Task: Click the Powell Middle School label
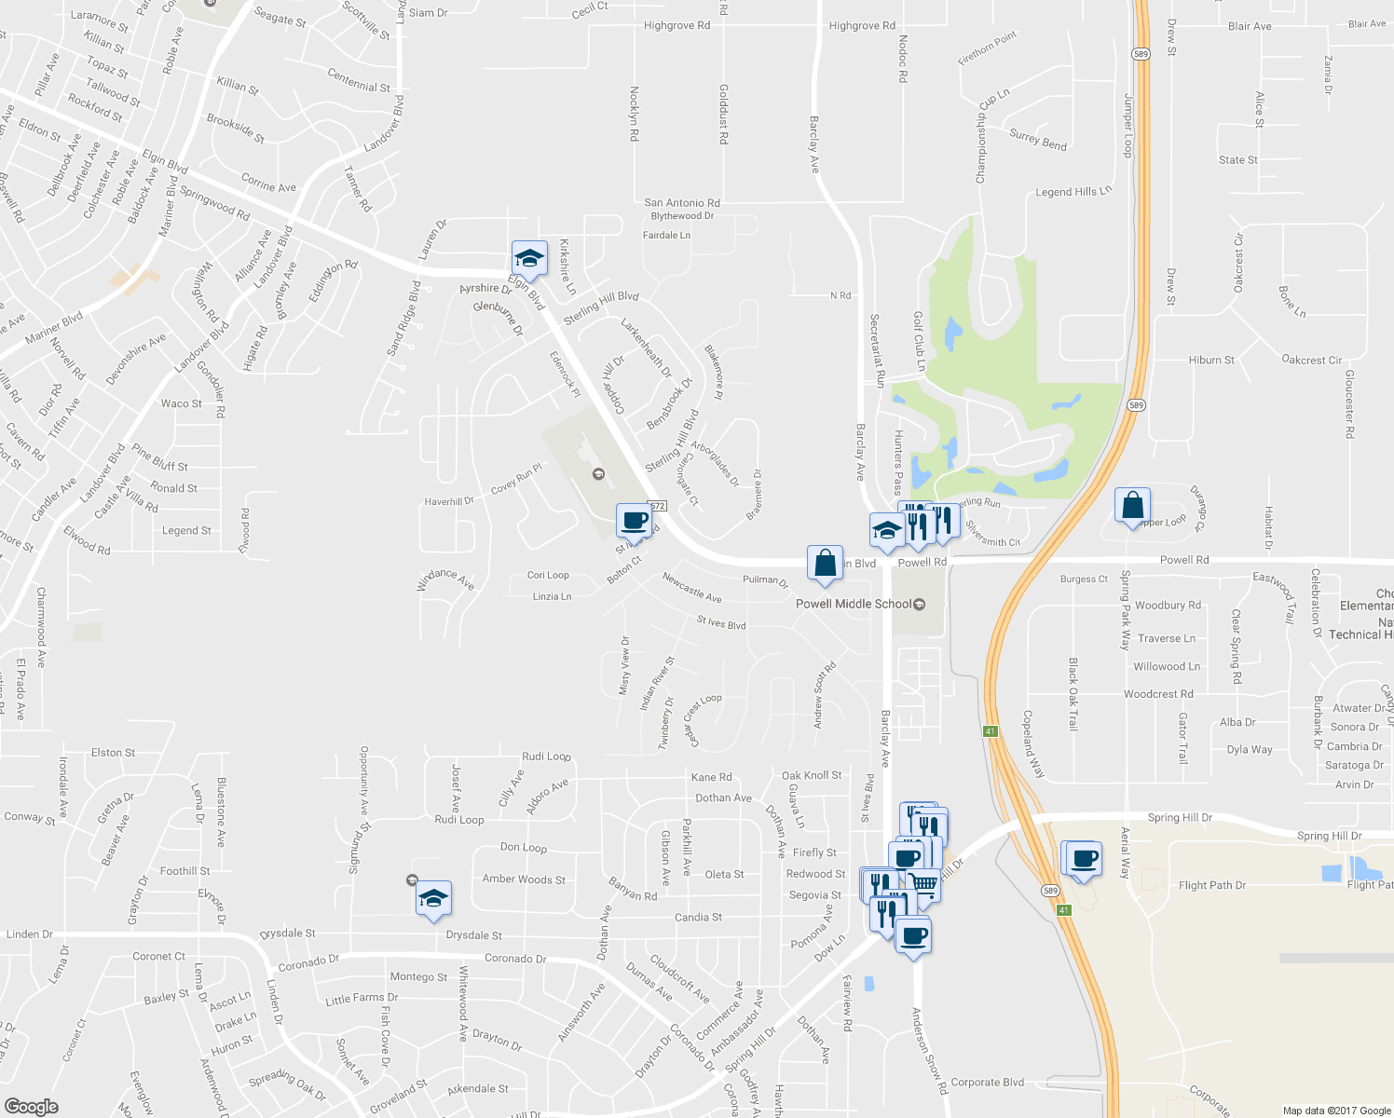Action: tap(853, 604)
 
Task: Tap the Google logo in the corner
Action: tap(32, 1106)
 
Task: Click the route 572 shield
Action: tap(658, 506)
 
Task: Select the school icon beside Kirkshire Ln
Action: tap(529, 258)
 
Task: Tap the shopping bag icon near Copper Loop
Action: tap(1132, 505)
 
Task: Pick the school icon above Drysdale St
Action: tap(433, 898)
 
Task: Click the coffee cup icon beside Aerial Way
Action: tap(1084, 859)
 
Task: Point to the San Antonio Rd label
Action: tap(682, 202)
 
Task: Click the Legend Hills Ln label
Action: tap(1073, 192)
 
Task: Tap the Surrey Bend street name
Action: tap(1038, 140)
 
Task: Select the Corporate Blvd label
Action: tap(987, 1082)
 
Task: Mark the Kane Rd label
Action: tap(711, 777)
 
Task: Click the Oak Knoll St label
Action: tap(811, 775)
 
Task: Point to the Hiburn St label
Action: tap(1211, 360)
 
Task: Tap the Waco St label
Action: tap(181, 403)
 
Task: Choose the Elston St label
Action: tap(113, 752)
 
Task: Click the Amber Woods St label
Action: tap(524, 879)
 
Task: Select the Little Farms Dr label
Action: tap(362, 998)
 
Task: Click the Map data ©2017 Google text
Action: tap(1336, 1110)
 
